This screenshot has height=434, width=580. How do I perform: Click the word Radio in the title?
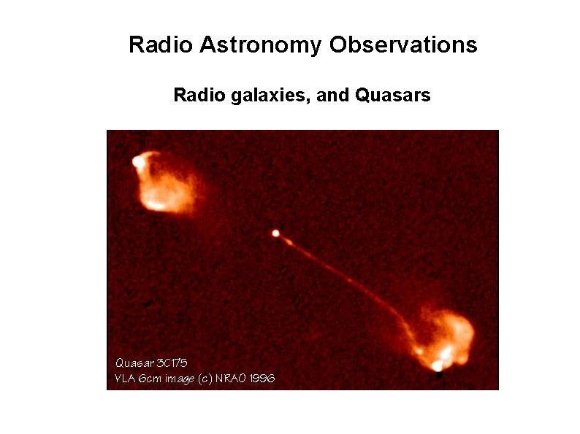(x=151, y=45)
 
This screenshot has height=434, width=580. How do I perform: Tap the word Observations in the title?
(x=403, y=45)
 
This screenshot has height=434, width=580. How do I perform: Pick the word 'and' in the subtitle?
(x=333, y=95)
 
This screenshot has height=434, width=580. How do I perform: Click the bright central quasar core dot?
(x=275, y=233)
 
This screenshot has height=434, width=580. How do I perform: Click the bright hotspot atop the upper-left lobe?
(x=138, y=162)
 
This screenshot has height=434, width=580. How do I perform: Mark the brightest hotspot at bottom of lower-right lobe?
(x=438, y=365)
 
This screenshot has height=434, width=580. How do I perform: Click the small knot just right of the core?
(x=289, y=241)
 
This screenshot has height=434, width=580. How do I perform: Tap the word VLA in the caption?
(x=126, y=379)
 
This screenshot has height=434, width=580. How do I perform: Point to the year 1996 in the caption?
(x=262, y=379)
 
